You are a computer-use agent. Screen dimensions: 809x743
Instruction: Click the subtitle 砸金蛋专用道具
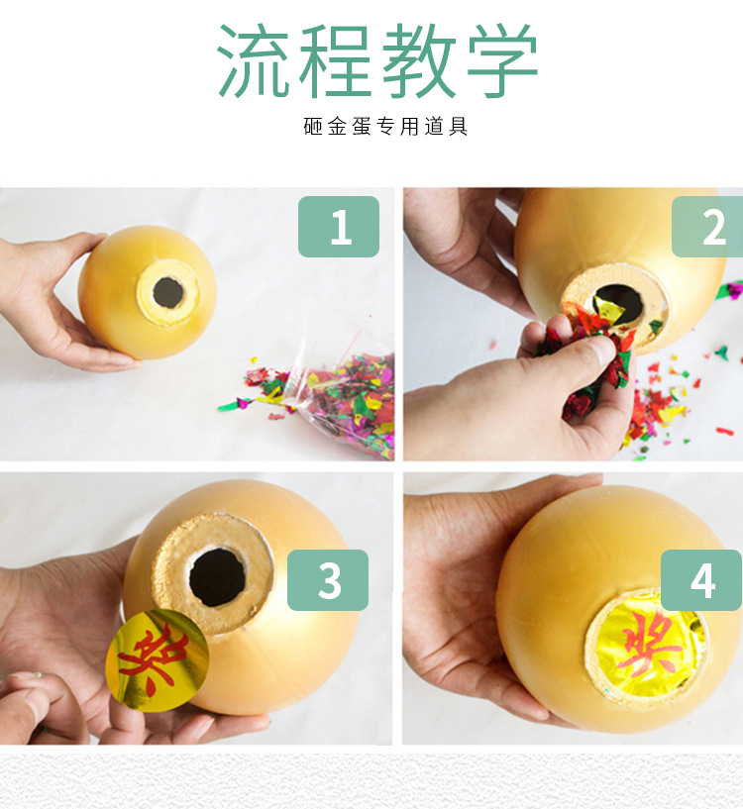pos(385,127)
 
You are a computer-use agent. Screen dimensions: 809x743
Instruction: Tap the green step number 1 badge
pos(339,227)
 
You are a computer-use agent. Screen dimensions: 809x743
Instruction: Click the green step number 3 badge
pos(327,580)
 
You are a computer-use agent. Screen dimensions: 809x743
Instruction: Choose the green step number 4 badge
pos(701,580)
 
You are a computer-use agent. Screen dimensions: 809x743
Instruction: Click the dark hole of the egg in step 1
pos(167,292)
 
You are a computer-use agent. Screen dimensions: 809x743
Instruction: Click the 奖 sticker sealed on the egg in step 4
pos(650,639)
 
